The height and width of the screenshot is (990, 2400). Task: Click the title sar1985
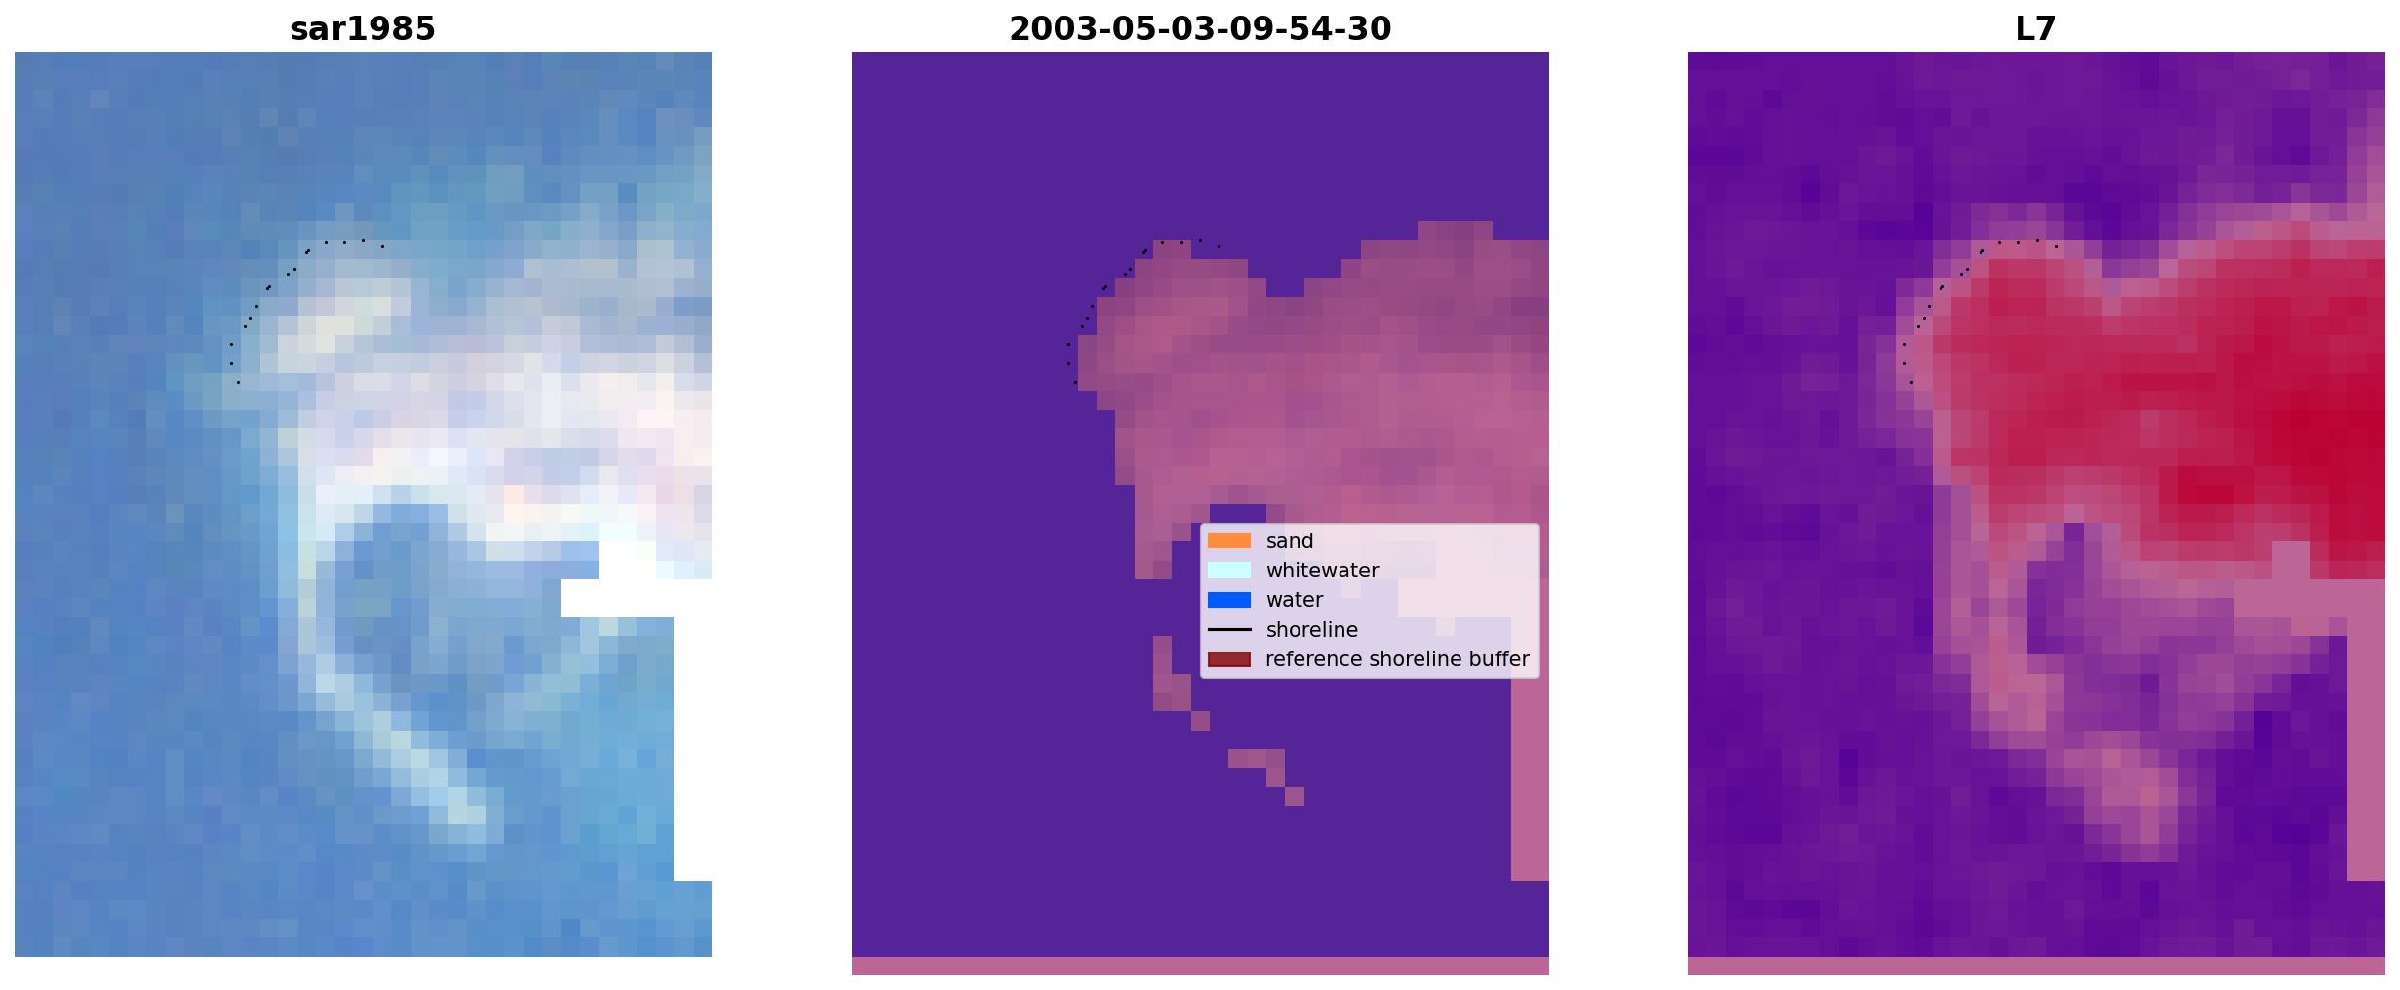363,29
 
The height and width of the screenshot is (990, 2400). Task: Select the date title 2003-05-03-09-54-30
1200,29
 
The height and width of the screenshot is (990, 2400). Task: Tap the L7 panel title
2036,29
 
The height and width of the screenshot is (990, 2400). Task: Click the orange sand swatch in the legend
1229,540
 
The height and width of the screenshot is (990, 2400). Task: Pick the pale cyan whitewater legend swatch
1229,570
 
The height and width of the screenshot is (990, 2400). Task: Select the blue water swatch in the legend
1229,600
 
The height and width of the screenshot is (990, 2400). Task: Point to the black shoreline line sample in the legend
1229,629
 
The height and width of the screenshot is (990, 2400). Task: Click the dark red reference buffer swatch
1229,659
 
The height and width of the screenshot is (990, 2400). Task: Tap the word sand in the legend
1290,541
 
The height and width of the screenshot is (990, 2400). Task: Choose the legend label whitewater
1322,571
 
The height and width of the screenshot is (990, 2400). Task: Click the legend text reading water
1295,600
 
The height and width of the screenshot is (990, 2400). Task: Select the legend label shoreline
1312,630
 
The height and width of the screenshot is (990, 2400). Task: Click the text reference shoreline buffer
1397,659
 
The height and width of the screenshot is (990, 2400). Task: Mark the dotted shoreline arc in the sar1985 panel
268,287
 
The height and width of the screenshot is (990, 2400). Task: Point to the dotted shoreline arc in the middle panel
1104,287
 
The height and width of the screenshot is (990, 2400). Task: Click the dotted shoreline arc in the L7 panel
1941,287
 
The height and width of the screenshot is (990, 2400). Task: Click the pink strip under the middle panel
1200,966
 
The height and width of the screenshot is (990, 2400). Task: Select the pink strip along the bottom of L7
2036,966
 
